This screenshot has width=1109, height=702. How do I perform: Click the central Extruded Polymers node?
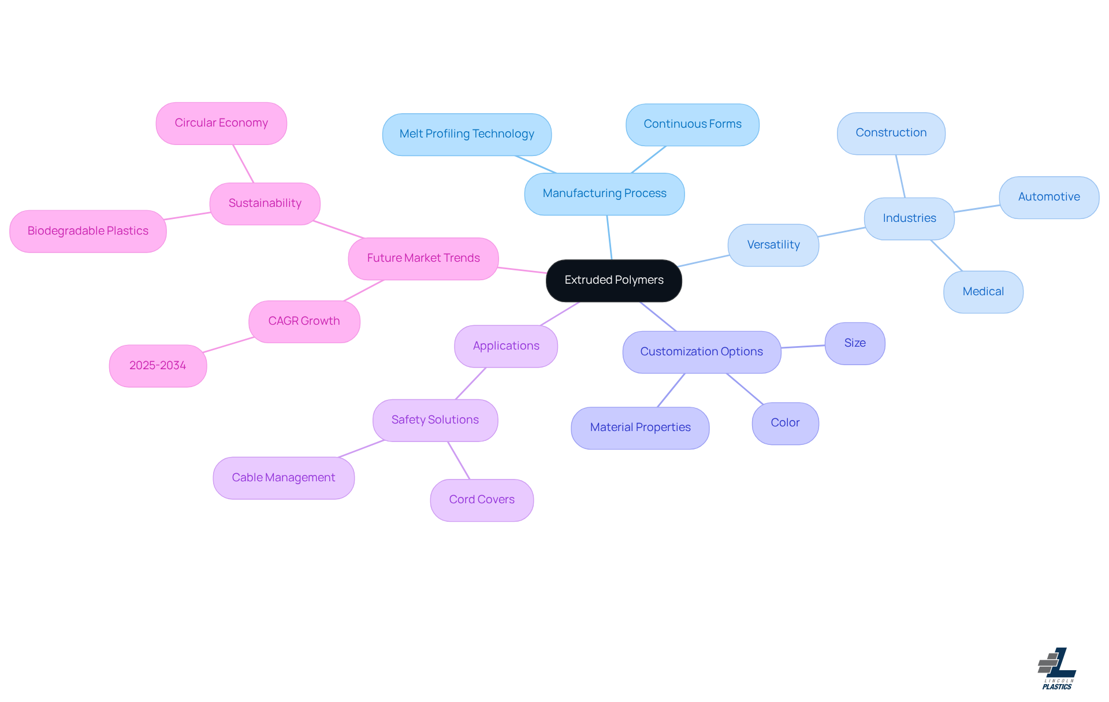(613, 280)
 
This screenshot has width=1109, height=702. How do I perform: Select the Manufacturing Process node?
(604, 194)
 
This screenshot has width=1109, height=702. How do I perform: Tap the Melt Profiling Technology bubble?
(467, 134)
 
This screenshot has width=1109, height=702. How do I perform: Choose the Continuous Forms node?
(692, 124)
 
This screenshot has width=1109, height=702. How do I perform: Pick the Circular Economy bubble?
(221, 123)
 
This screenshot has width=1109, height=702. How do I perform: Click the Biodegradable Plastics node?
(88, 231)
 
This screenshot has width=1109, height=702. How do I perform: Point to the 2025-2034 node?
(158, 366)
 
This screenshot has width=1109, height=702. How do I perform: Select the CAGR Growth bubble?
(304, 321)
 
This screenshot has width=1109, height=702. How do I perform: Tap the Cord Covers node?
(482, 500)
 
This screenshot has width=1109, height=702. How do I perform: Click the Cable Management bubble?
(283, 478)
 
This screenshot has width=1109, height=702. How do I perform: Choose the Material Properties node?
(640, 428)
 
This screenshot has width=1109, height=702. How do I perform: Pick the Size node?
(855, 343)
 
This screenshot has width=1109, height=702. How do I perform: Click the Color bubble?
(785, 423)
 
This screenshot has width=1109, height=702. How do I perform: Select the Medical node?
(983, 292)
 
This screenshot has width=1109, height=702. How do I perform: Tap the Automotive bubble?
(1049, 197)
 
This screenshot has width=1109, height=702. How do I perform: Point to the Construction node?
(891, 133)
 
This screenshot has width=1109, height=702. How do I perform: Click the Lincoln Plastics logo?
(1057, 668)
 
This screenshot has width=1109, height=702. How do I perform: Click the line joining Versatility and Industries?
(842, 232)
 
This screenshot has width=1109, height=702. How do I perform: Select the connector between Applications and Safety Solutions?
(471, 383)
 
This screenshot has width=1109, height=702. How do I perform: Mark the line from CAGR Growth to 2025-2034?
(228, 345)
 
